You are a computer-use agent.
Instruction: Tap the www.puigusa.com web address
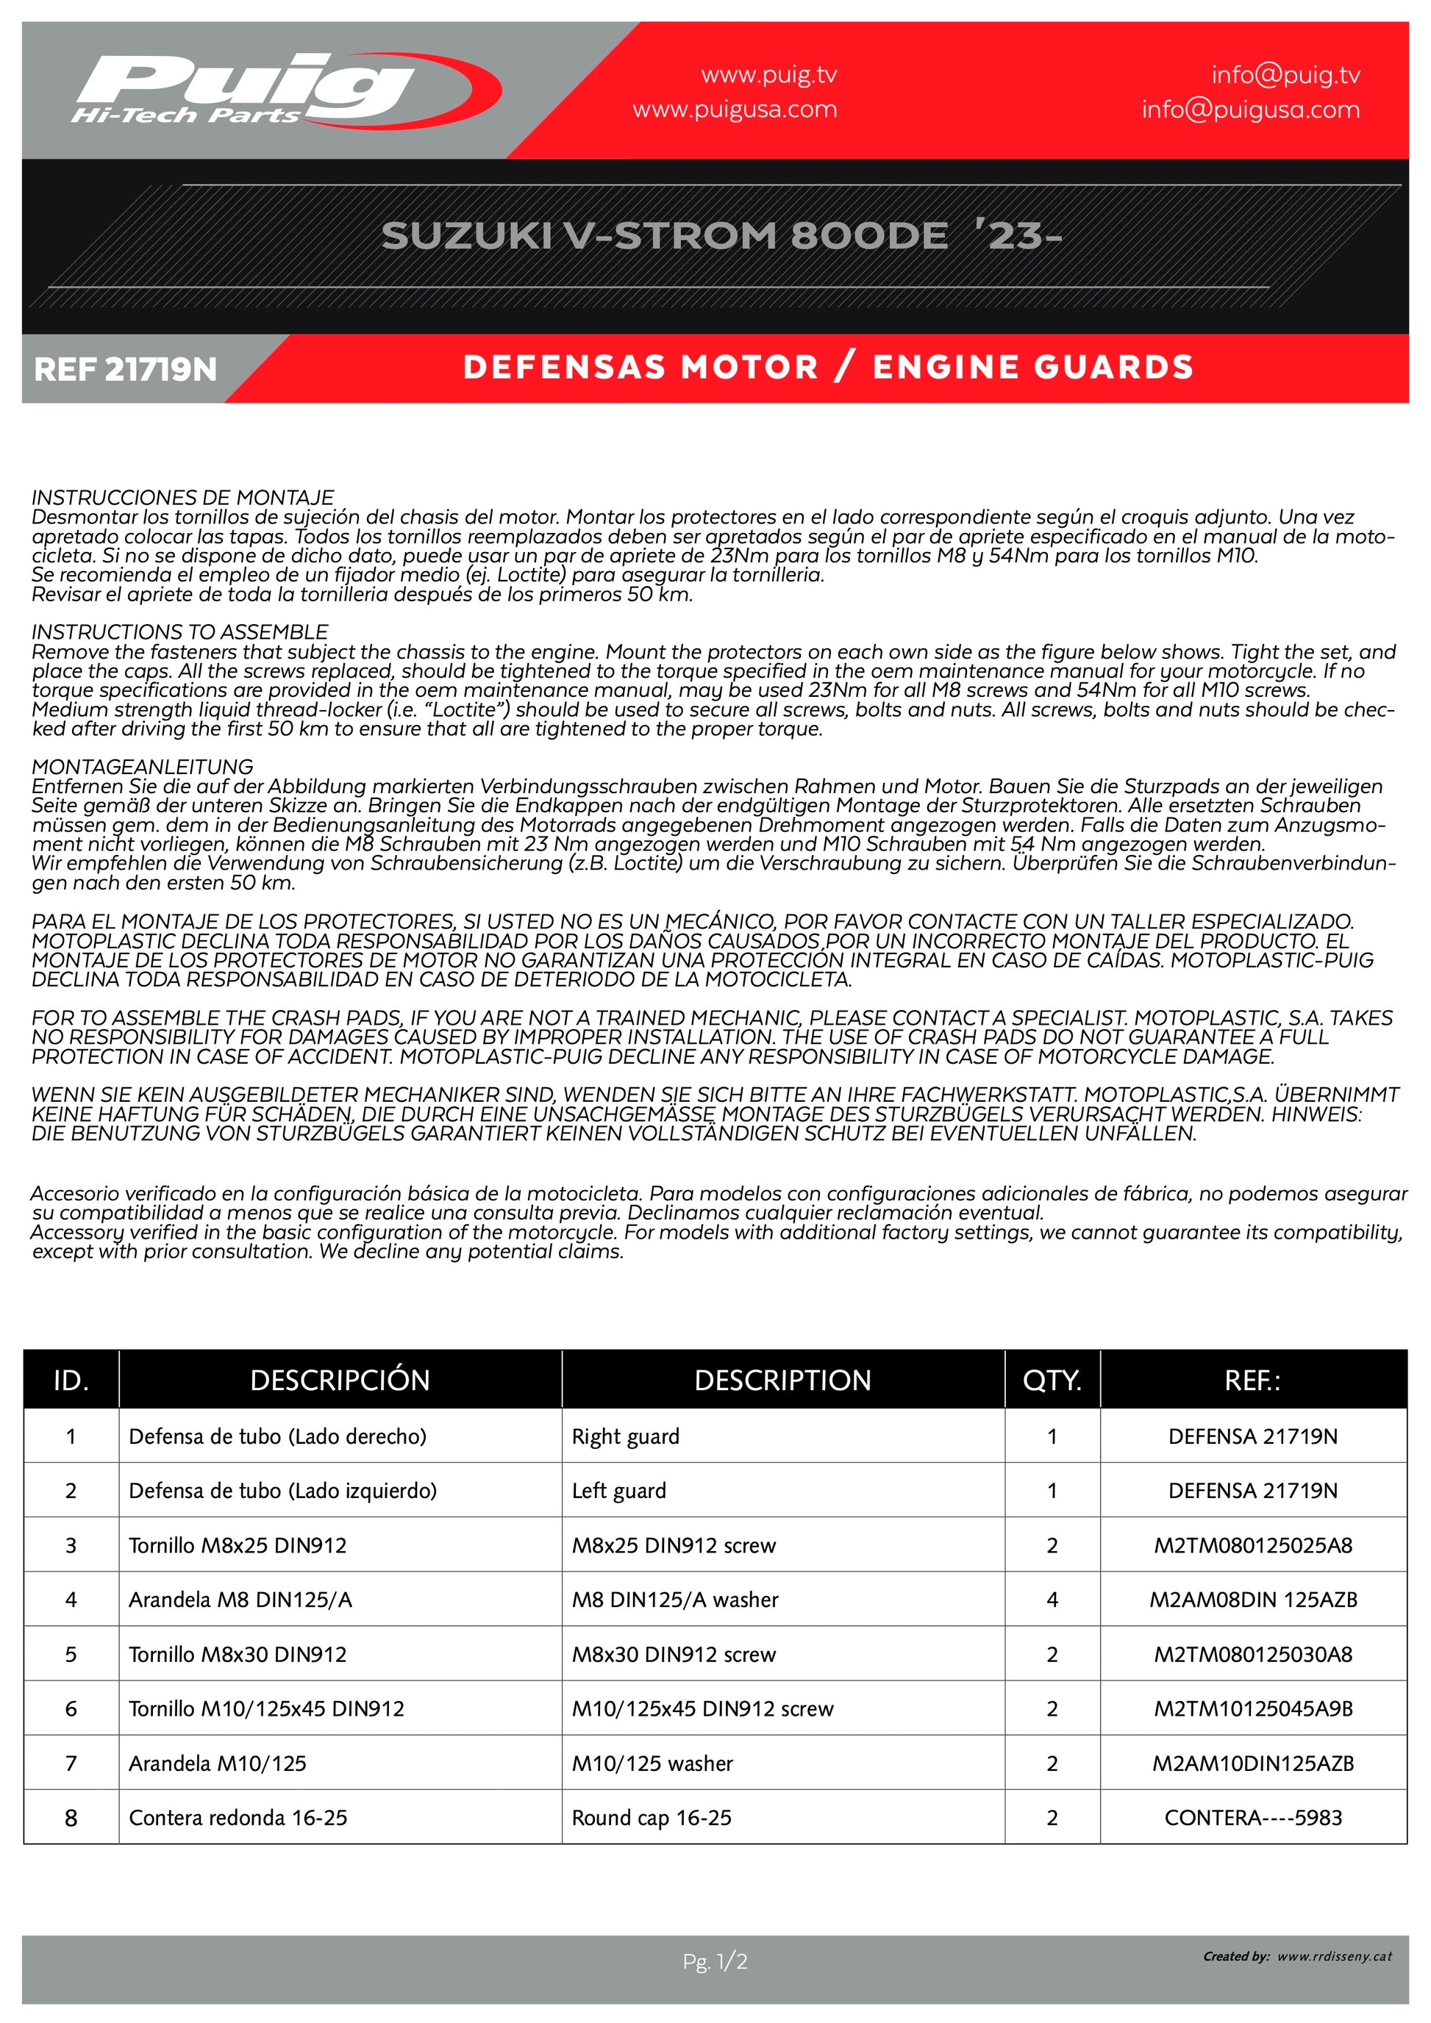click(x=734, y=110)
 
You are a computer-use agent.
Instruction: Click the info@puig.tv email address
click(x=1285, y=76)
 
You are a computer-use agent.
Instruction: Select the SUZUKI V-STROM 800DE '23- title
click(x=721, y=236)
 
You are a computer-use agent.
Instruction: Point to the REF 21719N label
click(x=125, y=369)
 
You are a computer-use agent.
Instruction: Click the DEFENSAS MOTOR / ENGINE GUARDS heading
click(x=827, y=368)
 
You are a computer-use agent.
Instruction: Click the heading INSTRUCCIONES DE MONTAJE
click(x=182, y=498)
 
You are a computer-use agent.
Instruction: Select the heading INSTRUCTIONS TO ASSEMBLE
click(x=179, y=631)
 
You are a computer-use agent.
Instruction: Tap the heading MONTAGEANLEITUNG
click(x=142, y=767)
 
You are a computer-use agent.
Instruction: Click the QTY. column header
click(x=1052, y=1380)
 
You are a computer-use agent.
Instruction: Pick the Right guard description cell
click(x=626, y=1437)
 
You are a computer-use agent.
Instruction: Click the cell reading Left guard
click(x=618, y=1491)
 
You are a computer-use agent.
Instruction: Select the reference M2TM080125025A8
click(x=1252, y=1545)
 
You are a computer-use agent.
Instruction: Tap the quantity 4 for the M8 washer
click(x=1052, y=1600)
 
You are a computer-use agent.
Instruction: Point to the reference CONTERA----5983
click(x=1252, y=1818)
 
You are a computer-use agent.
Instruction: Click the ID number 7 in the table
click(x=71, y=1763)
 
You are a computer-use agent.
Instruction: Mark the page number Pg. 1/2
click(x=715, y=1962)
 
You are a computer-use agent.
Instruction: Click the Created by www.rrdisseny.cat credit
click(x=1297, y=1957)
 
